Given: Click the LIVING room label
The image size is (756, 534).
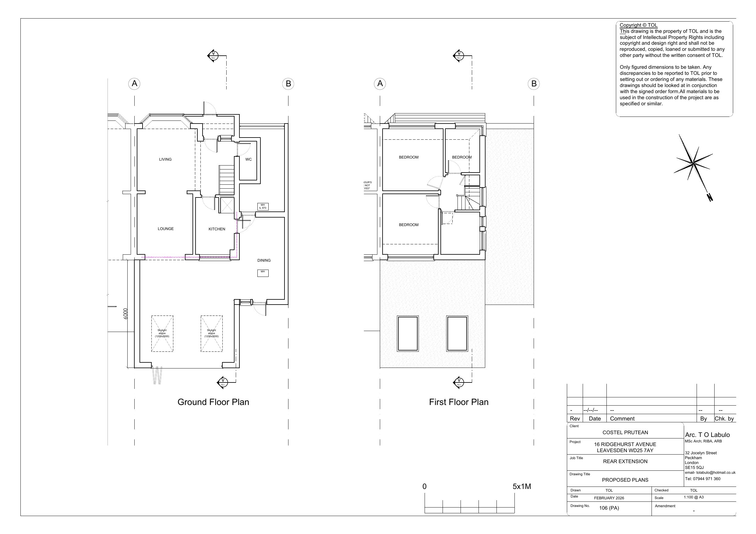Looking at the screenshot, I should click(165, 159).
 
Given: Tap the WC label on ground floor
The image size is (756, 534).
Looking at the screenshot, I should click(248, 159).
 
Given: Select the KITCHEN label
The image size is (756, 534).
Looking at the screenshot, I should click(217, 229).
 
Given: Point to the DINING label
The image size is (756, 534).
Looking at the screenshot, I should click(264, 260).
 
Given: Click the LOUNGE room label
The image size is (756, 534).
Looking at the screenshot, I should click(166, 229).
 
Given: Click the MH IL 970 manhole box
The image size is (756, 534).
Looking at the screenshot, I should click(263, 206).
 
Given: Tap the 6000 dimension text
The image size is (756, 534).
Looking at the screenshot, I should click(125, 314).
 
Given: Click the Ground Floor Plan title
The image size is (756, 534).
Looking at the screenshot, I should click(213, 402).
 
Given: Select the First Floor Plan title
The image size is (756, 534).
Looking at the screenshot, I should click(458, 402).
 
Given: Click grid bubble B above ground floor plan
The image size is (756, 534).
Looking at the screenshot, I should click(288, 84).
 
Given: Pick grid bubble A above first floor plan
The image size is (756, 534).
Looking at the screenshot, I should click(380, 84).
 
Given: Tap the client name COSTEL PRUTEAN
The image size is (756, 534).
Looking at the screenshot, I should click(625, 432).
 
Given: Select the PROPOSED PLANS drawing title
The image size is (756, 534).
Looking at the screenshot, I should click(625, 480).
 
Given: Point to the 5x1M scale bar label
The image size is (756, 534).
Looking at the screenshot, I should click(521, 486).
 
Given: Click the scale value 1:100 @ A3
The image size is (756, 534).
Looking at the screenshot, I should click(694, 497).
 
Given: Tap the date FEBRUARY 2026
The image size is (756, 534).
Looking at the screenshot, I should click(609, 498).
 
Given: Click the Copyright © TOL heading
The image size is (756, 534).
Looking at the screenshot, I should click(638, 25).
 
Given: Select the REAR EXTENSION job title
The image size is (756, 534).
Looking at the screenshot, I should click(625, 461).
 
